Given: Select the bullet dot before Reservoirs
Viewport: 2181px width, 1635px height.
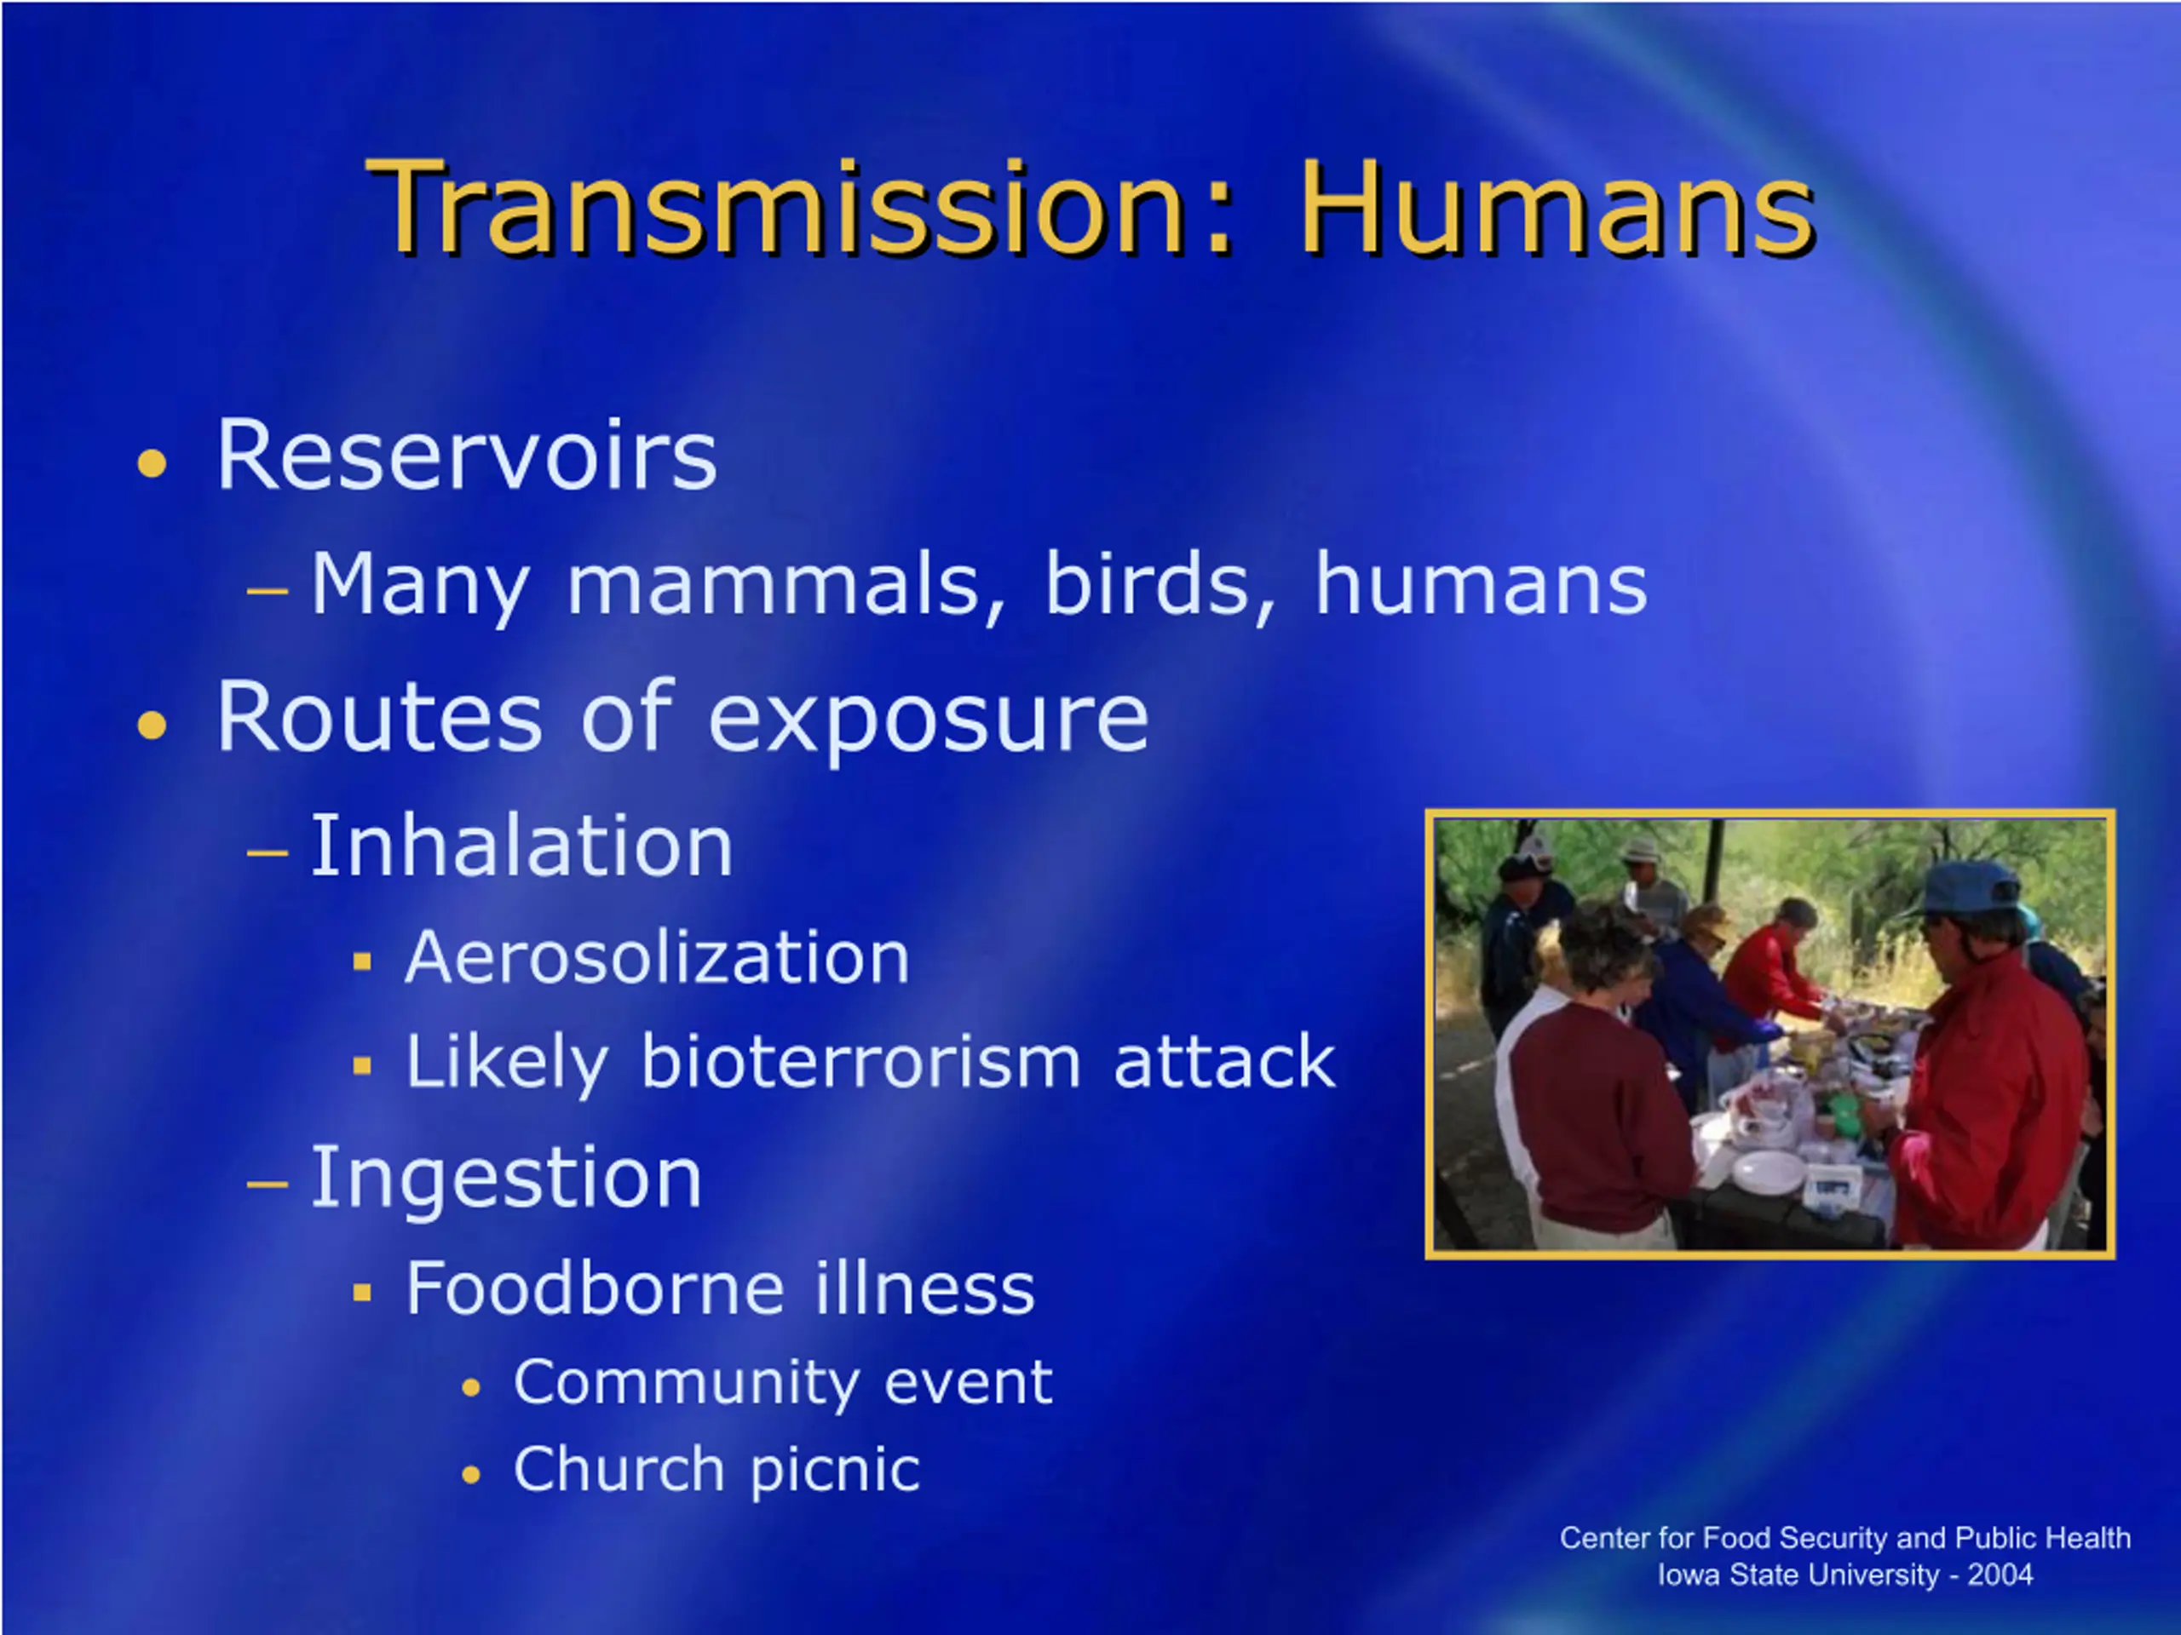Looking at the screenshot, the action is click(x=152, y=462).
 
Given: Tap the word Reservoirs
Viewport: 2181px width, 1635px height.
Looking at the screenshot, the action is click(x=466, y=456).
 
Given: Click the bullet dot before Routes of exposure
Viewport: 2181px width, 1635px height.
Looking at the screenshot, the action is click(x=152, y=726).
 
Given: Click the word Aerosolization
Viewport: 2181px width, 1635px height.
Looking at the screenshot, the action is click(x=658, y=957).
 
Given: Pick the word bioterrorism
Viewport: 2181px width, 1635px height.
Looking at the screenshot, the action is click(x=860, y=1061).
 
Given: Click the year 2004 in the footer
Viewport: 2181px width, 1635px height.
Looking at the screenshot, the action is click(x=2000, y=1575).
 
